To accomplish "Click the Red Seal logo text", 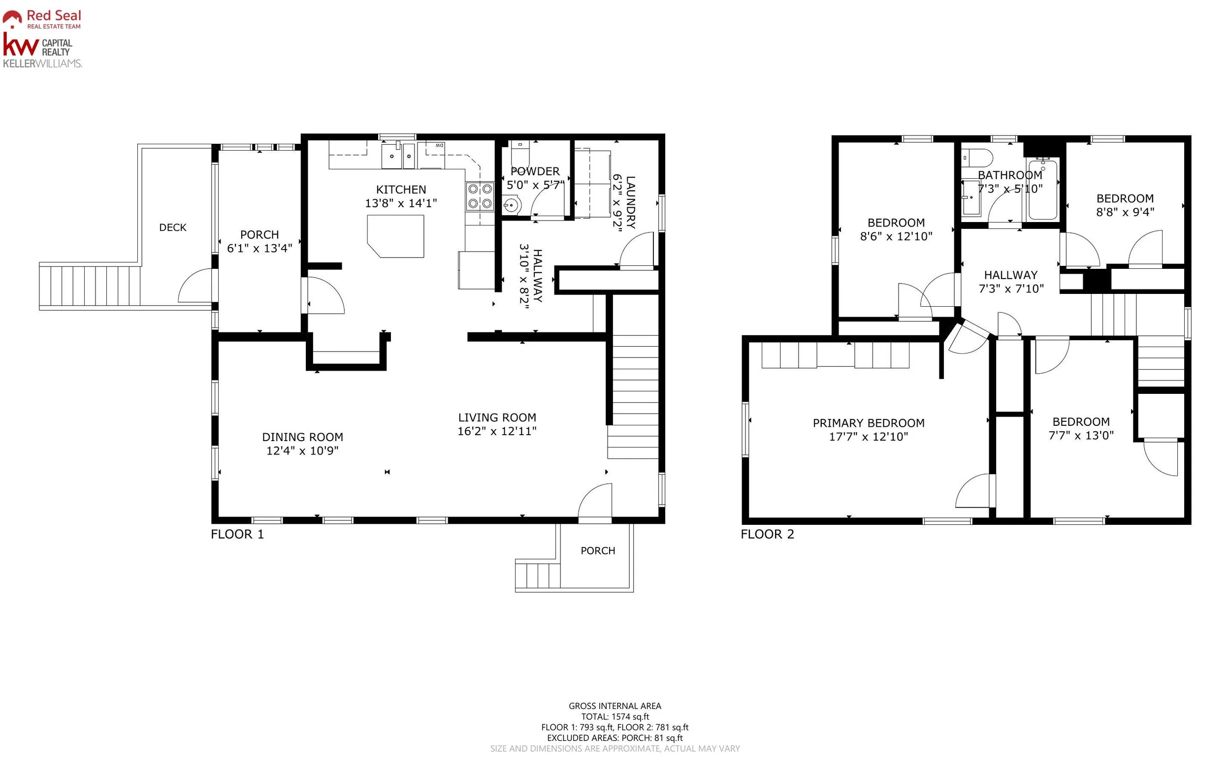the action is pyautogui.click(x=54, y=16).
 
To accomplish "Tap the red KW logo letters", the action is pyautogui.click(x=20, y=45).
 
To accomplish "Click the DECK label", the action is pyautogui.click(x=173, y=227).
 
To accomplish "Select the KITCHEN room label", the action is pyautogui.click(x=401, y=190).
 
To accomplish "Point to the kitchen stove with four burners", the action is pyautogui.click(x=480, y=196).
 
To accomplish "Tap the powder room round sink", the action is pyautogui.click(x=512, y=205).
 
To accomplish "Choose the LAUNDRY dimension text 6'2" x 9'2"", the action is pyautogui.click(x=617, y=203).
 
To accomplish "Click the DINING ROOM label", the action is pyautogui.click(x=303, y=437).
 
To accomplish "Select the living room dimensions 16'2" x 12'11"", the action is pyautogui.click(x=497, y=431).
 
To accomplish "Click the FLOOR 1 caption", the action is pyautogui.click(x=237, y=534).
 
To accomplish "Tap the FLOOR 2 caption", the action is pyautogui.click(x=767, y=534).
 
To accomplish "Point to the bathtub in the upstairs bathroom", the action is pyautogui.click(x=1042, y=189).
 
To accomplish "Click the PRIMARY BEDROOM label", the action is pyautogui.click(x=868, y=423).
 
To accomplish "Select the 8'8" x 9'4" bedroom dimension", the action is pyautogui.click(x=1125, y=212).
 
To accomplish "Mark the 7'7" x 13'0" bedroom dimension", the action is pyautogui.click(x=1081, y=435).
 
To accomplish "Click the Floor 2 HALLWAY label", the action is pyautogui.click(x=1011, y=275).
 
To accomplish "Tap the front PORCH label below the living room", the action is pyautogui.click(x=598, y=551).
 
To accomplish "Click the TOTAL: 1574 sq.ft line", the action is pyautogui.click(x=615, y=717).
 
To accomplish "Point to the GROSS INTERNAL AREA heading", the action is pyautogui.click(x=615, y=706).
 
